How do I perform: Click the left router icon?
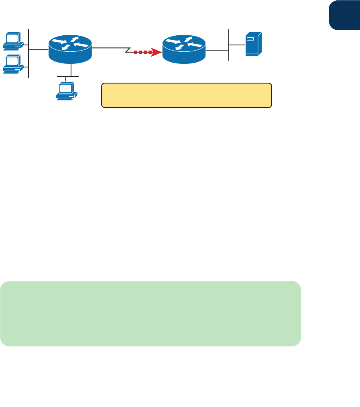click(x=70, y=49)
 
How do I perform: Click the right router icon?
click(x=184, y=49)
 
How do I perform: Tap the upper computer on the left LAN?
click(x=13, y=41)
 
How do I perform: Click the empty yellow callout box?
click(x=187, y=96)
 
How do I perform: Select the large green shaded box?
click(x=151, y=313)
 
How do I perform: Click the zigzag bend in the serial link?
click(x=128, y=51)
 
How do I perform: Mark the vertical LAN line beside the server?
click(x=228, y=45)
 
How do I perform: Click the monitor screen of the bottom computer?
click(x=66, y=88)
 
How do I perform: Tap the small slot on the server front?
click(x=251, y=39)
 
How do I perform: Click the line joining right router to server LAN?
click(x=217, y=51)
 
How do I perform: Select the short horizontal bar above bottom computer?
click(x=68, y=76)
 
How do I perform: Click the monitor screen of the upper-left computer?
click(x=13, y=38)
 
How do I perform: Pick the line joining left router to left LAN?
click(x=38, y=50)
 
